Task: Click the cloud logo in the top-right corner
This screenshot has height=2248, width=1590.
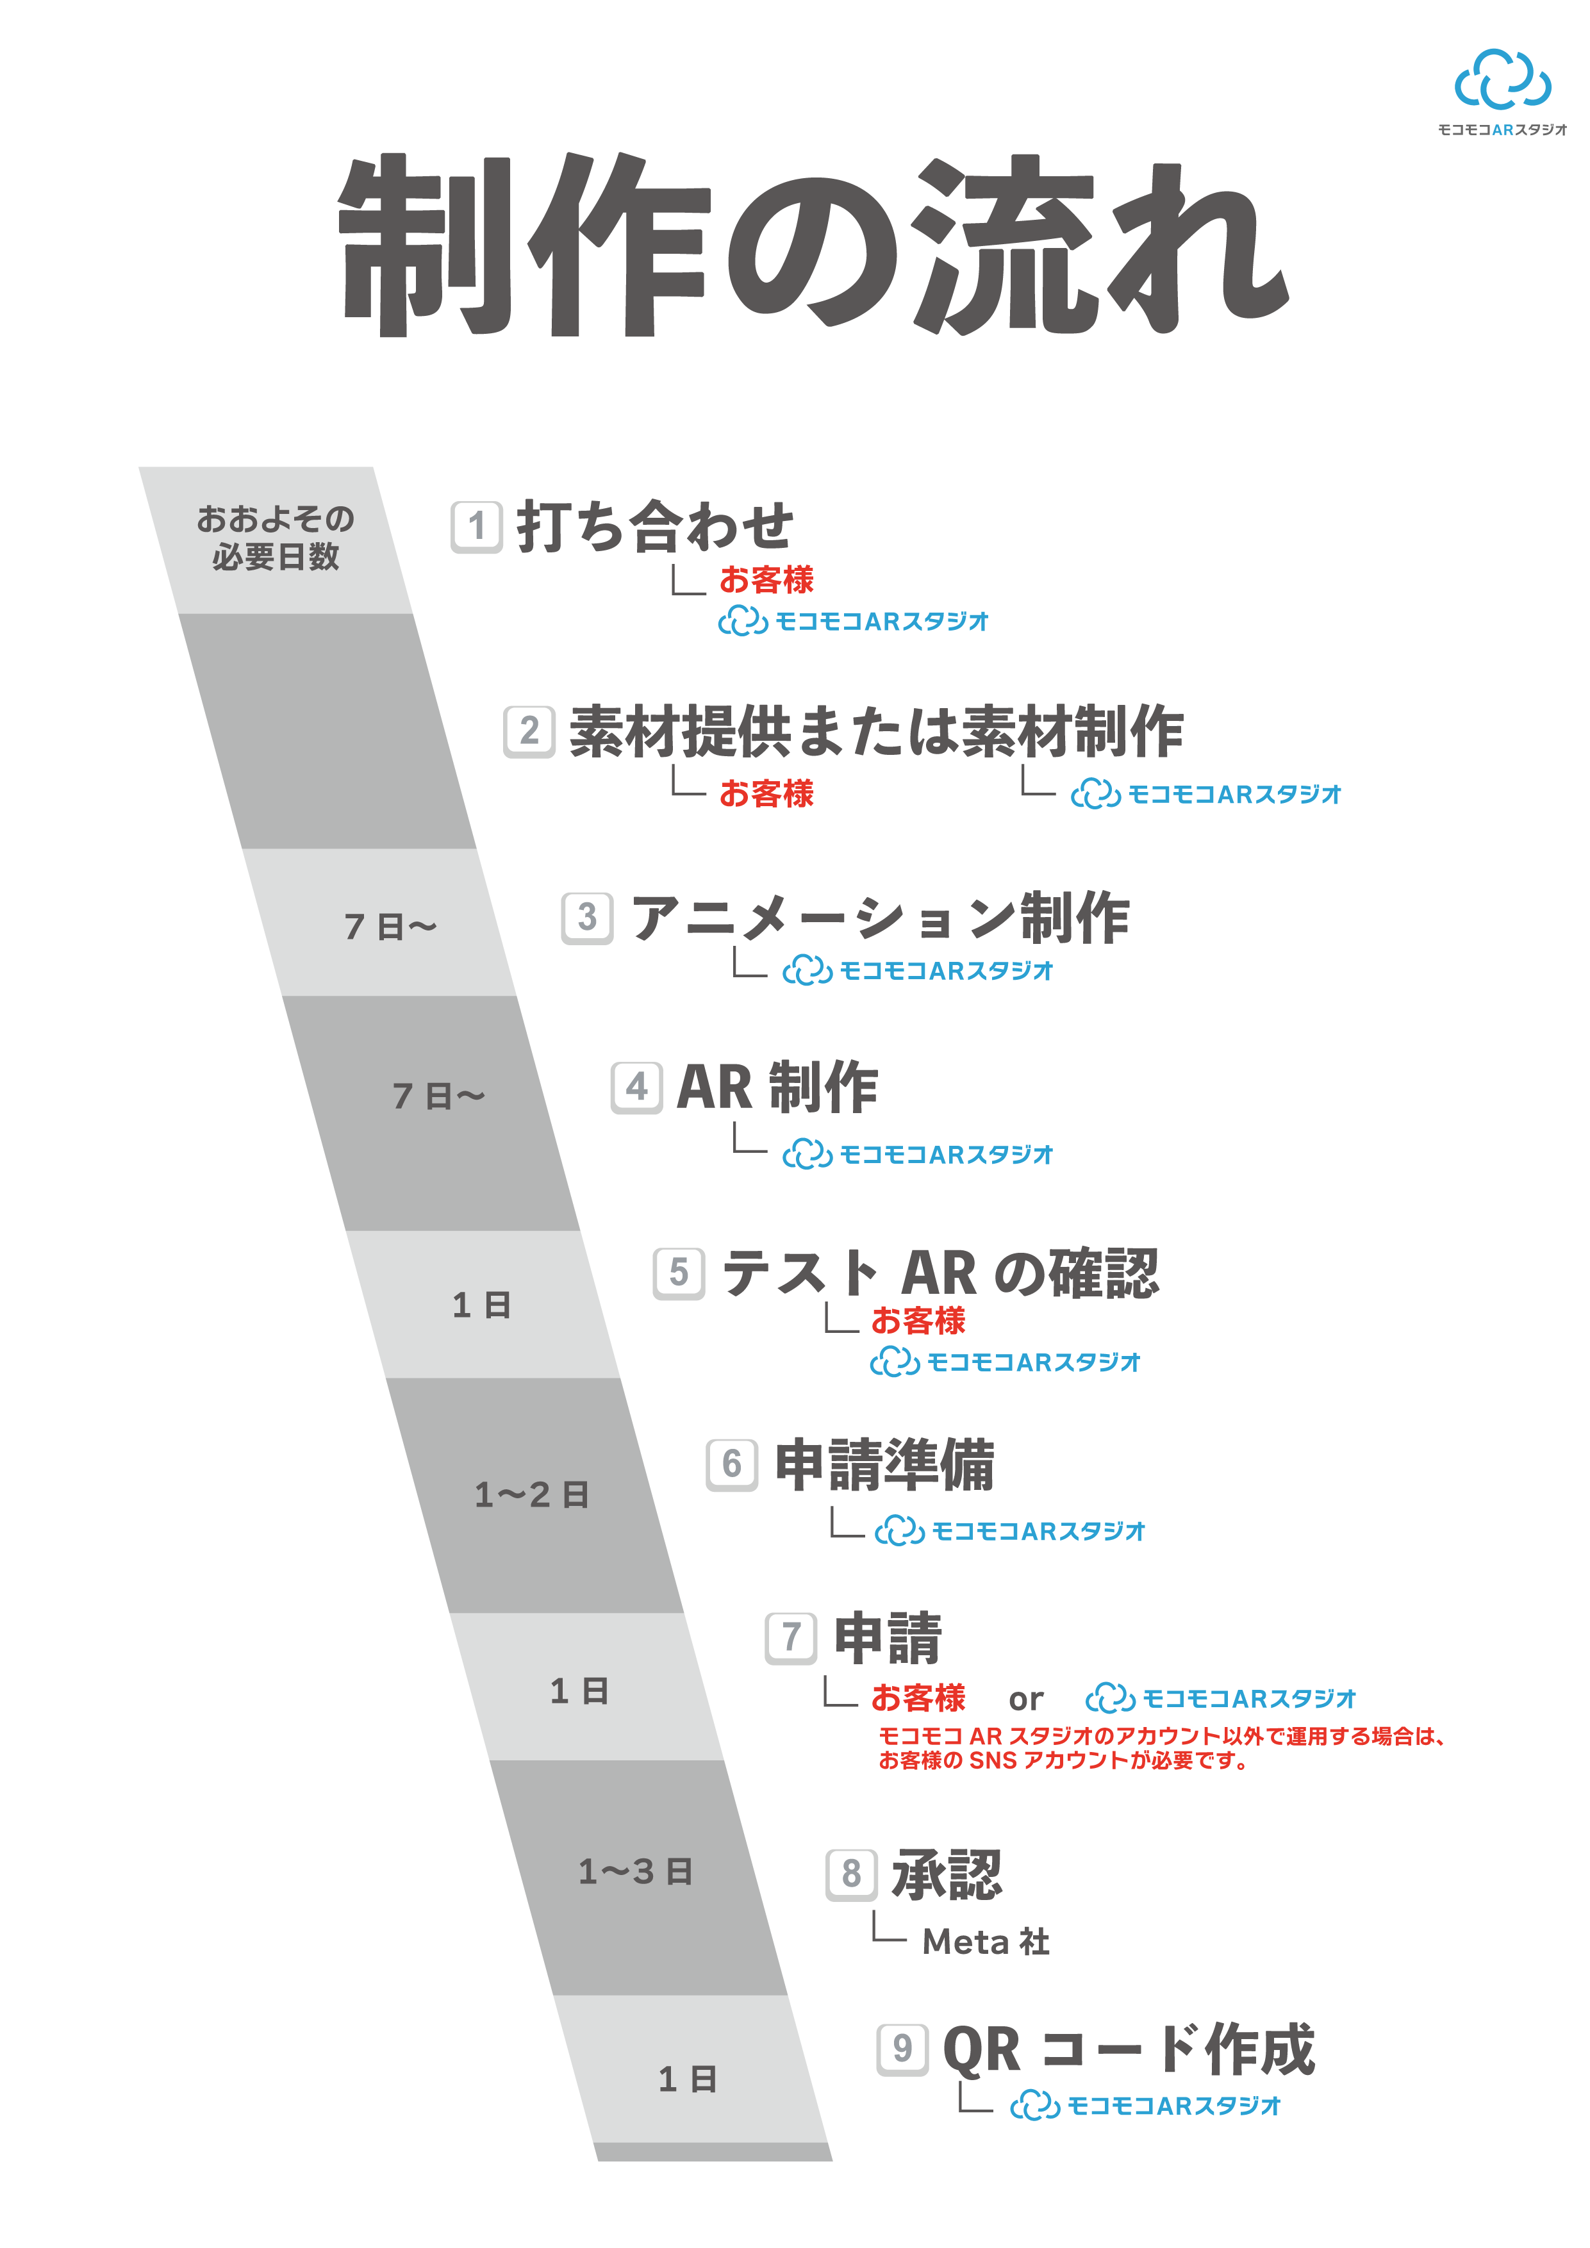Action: click(1502, 79)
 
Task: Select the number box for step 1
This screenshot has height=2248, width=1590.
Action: click(477, 527)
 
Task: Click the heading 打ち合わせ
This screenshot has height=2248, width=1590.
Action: click(655, 527)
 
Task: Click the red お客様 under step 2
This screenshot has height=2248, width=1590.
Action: click(766, 793)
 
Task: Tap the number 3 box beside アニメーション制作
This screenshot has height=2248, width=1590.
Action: click(588, 918)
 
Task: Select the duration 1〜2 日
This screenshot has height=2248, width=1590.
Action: click(532, 1495)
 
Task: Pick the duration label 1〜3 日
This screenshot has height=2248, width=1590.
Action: click(635, 1872)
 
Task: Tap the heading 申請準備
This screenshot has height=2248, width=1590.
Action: click(884, 1465)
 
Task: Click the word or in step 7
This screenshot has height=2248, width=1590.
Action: click(1025, 1699)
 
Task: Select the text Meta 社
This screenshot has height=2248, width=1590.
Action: click(986, 1942)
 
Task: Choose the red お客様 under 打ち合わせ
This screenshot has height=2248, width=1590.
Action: click(766, 580)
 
